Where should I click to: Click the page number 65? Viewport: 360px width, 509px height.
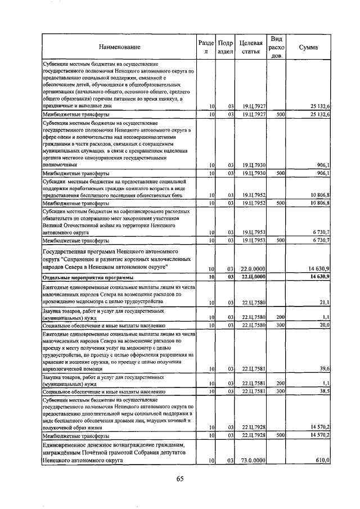[x=180, y=479]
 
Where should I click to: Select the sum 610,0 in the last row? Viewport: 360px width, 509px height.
[x=322, y=460]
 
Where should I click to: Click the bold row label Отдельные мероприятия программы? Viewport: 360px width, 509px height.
[x=88, y=277]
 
